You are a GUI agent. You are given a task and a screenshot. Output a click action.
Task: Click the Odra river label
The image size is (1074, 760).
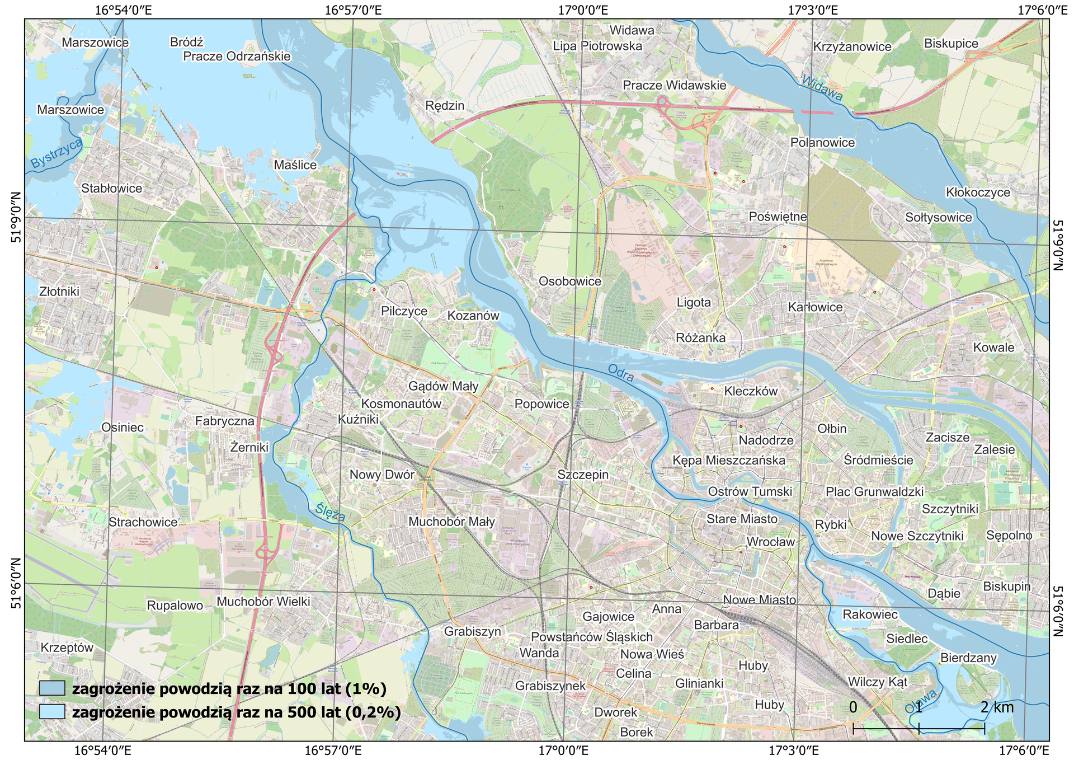621,373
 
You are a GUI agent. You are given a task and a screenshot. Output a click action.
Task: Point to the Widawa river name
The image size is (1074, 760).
822,88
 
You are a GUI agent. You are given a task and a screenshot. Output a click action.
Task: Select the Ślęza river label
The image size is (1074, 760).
330,512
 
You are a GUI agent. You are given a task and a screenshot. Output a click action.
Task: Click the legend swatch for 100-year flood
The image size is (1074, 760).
52,688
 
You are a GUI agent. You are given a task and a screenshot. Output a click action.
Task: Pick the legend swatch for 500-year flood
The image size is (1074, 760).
52,712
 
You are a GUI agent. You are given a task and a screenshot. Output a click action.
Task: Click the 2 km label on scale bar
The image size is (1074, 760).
997,707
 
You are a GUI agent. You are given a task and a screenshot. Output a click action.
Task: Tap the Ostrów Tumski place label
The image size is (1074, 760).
750,491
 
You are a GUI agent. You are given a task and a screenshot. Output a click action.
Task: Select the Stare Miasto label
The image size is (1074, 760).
742,519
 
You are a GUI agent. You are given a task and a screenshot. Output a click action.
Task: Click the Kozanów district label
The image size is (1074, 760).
473,316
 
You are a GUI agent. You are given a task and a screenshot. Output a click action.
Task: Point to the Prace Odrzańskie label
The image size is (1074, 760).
237,56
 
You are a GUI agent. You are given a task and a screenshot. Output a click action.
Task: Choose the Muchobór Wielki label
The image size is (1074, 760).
263,602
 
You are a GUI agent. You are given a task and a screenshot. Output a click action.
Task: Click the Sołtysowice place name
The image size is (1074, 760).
939,217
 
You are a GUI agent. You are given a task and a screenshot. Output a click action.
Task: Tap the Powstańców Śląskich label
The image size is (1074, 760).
592,637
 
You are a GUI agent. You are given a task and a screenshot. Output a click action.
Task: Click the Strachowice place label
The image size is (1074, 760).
143,522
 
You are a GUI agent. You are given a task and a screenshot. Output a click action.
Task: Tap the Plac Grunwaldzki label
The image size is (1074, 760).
875,491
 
